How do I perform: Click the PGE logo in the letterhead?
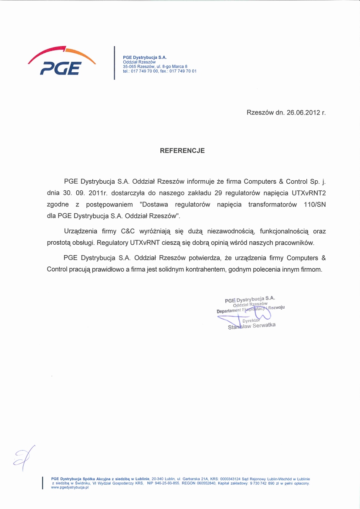62,61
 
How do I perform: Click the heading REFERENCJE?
182,151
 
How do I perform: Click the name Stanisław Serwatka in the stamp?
252,326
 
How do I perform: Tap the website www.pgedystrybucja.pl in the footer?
70,488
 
